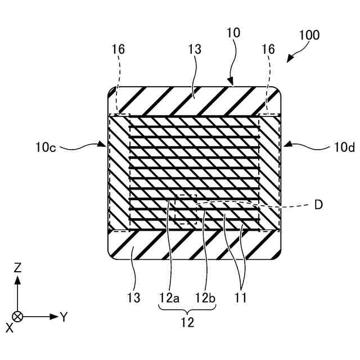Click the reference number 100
click(x=309, y=35)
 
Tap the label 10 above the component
click(x=233, y=33)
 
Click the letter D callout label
click(x=318, y=205)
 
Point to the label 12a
click(x=168, y=295)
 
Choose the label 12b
click(x=205, y=295)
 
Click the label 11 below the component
click(x=240, y=295)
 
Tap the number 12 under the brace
click(x=187, y=323)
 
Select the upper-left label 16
click(x=118, y=49)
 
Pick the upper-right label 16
click(x=268, y=49)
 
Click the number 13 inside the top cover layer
click(x=194, y=49)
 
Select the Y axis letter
click(x=64, y=317)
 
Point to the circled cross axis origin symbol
click(x=17, y=316)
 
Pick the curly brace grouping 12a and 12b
click(x=187, y=309)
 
